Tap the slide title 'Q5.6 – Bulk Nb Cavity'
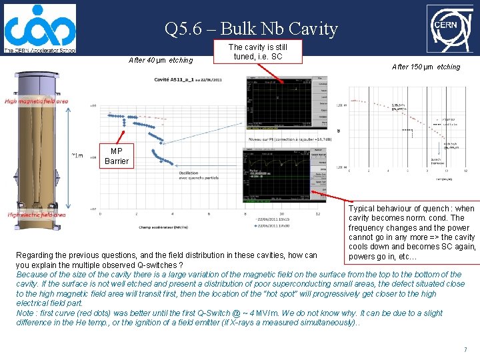point(251,29)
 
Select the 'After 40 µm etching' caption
point(161,61)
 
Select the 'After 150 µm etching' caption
point(426,67)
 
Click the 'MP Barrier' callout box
point(117,156)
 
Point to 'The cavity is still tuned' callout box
point(257,52)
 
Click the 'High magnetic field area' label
point(36,101)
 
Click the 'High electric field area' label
point(37,215)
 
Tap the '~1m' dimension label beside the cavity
point(77,156)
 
